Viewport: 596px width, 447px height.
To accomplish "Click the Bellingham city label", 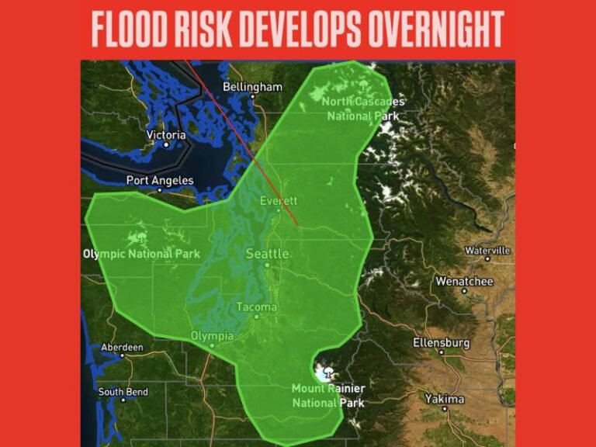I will (252, 87).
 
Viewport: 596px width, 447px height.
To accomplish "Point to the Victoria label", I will (166, 135).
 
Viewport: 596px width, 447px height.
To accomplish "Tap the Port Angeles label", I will (158, 181).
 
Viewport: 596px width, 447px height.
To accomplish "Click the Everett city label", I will (278, 201).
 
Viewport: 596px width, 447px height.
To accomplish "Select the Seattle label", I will (267, 254).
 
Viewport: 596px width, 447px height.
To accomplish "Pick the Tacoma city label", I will (256, 307).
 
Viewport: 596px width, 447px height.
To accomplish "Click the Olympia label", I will (211, 336).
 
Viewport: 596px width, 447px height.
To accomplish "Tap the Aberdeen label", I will (122, 348).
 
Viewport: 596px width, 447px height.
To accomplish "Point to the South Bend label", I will (123, 392).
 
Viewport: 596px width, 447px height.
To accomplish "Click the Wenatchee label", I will (464, 281).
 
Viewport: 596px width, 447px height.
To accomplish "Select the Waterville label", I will (487, 251).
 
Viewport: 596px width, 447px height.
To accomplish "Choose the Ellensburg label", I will (441, 342).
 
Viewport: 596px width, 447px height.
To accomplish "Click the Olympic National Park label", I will (141, 254).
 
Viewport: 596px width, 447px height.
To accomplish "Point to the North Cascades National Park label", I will (363, 109).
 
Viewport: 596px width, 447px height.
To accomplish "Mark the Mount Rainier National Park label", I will (328, 395).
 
